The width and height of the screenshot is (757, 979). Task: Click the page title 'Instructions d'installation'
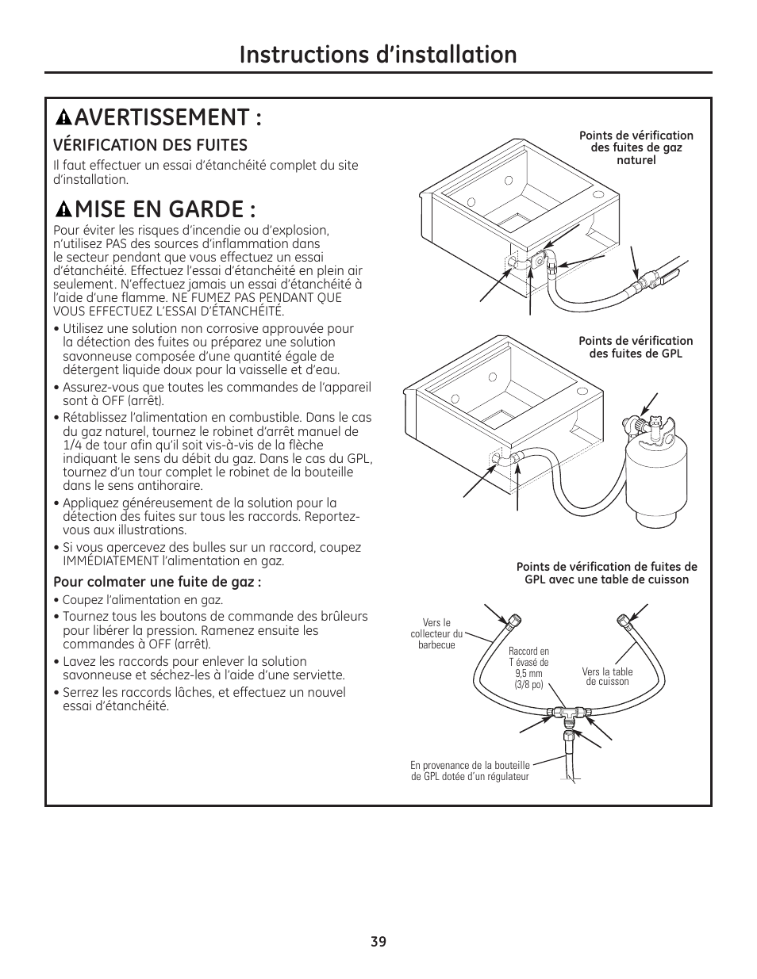click(378, 54)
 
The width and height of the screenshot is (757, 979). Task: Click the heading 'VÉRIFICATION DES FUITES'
click(150, 144)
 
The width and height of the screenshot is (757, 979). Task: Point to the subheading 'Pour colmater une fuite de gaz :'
click(157, 581)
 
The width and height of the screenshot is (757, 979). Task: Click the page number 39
click(378, 942)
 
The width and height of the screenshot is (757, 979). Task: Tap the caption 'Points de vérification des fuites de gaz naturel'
click(636, 147)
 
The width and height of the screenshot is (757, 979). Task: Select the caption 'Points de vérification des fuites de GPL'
click(636, 347)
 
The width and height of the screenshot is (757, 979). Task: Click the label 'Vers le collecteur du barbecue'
click(436, 633)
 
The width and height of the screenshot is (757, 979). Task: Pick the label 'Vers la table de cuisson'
click(608, 676)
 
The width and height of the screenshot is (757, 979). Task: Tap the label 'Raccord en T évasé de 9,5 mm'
click(528, 667)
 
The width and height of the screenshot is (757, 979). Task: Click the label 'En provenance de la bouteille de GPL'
click(470, 771)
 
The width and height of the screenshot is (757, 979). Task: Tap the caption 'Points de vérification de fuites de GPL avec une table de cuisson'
click(606, 572)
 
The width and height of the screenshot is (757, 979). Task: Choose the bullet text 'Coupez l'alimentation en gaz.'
click(142, 600)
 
